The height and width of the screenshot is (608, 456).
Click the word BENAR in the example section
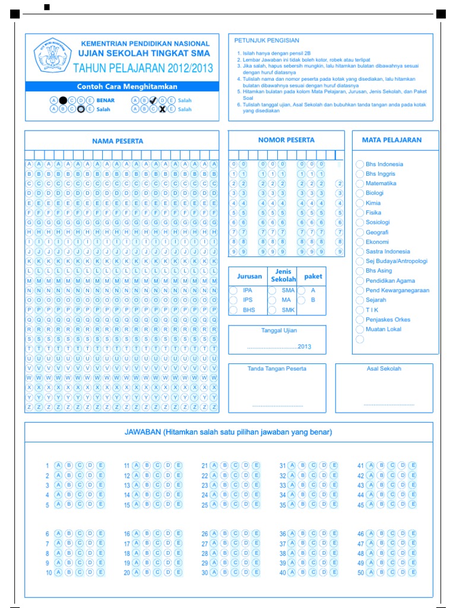coord(106,100)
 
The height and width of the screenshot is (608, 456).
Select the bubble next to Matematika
coord(359,183)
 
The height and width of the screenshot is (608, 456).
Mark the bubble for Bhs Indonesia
coord(359,164)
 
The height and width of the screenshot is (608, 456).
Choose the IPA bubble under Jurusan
coord(233,290)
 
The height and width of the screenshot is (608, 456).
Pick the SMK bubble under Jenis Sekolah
coord(271,310)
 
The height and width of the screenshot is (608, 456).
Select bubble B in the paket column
coord(302,300)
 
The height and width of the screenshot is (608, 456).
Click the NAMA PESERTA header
coord(118,141)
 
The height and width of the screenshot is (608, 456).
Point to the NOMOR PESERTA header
coord(286,140)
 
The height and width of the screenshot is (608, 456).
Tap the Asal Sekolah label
coord(384,369)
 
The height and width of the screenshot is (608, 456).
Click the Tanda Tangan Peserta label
coord(277,369)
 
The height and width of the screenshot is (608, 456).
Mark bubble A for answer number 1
coord(58,465)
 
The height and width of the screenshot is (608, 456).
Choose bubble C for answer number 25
coord(235,505)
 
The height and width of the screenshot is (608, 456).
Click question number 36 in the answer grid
coord(283,534)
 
